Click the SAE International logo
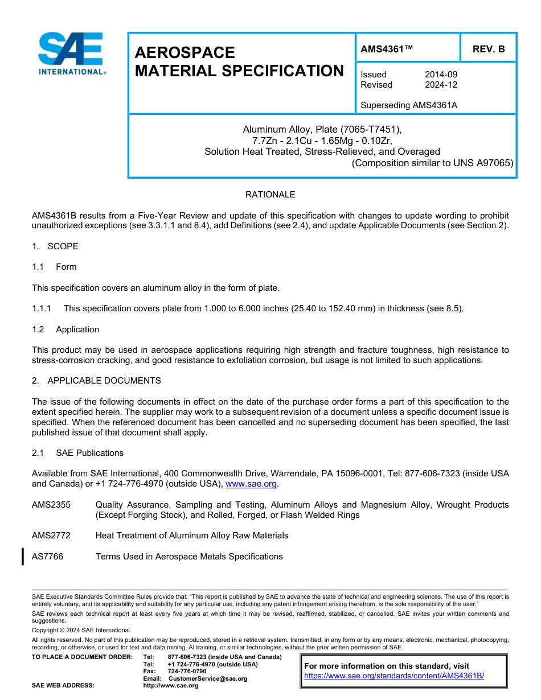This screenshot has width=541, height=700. click(x=71, y=53)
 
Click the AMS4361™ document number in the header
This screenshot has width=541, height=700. click(x=386, y=49)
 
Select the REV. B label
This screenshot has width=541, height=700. click(x=488, y=49)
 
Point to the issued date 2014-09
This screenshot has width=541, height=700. click(x=441, y=75)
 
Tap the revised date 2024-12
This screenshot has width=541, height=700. click(x=441, y=85)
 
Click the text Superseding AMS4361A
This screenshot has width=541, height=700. click(x=409, y=105)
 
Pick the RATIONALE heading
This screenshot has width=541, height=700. click(x=270, y=195)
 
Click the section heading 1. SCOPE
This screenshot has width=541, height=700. click(x=55, y=246)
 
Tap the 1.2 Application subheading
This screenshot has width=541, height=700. click(x=65, y=330)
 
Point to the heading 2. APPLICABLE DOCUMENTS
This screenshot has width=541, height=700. click(x=96, y=381)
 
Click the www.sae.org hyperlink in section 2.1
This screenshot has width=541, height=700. click(x=251, y=484)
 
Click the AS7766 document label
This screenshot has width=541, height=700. click(x=48, y=557)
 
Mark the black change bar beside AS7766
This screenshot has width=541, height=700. click(x=22, y=556)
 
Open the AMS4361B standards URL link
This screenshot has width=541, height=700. click(x=394, y=676)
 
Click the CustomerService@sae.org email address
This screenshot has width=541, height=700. click(x=207, y=678)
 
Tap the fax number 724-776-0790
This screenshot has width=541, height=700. click(x=187, y=672)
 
